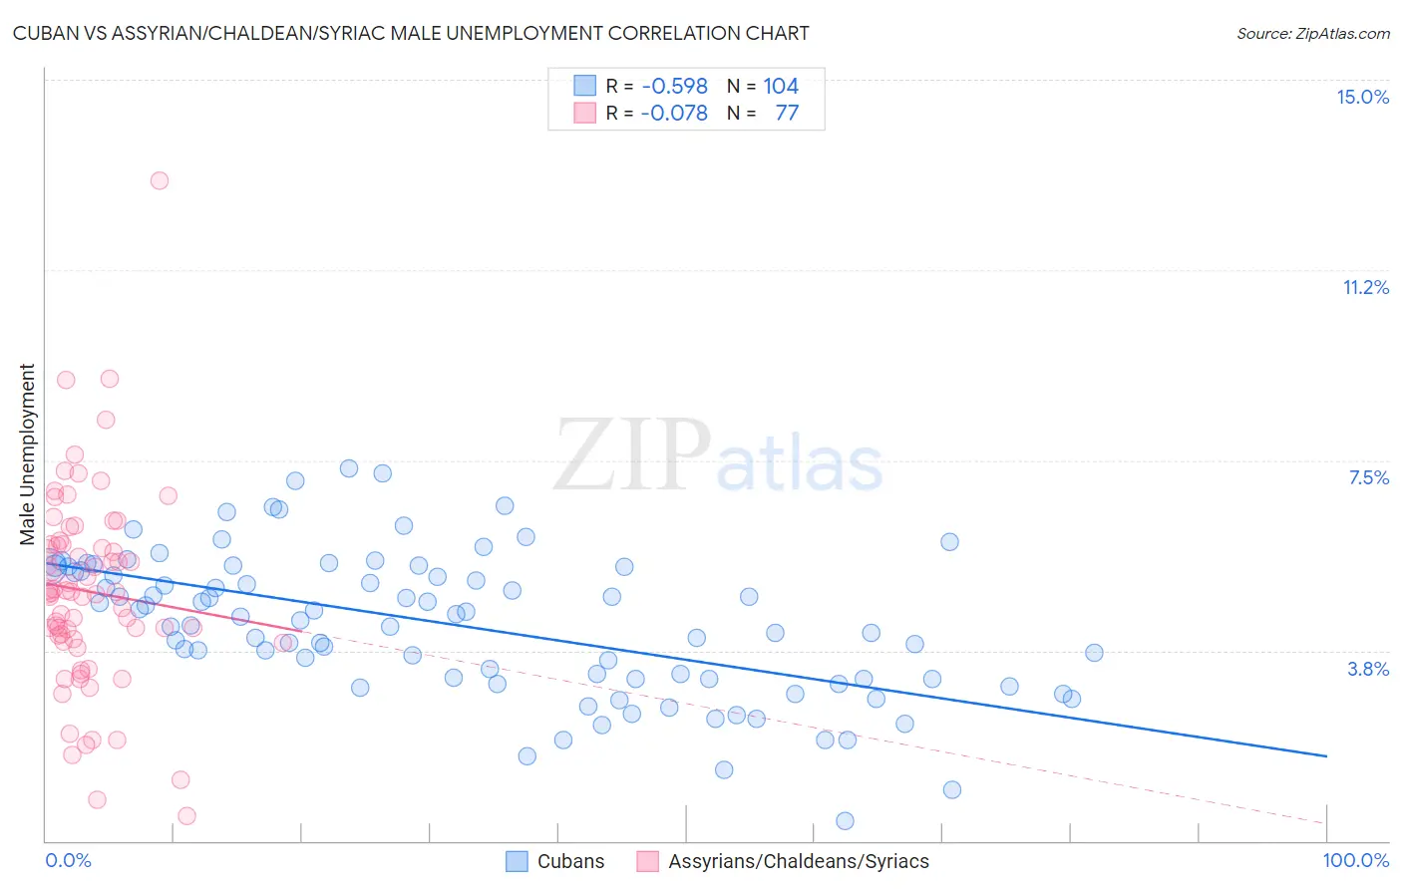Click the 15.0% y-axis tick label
tap(1362, 97)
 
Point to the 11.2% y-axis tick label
tap(1365, 287)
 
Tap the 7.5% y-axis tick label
tap(1368, 477)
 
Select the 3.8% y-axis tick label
tap(1368, 669)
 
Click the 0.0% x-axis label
tap(68, 860)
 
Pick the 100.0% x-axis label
tap(1355, 860)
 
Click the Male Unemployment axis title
tap(27, 454)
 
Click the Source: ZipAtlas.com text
tap(1312, 33)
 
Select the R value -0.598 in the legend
tap(674, 86)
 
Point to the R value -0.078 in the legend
tap(674, 113)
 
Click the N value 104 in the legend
tap(781, 86)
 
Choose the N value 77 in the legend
tap(787, 113)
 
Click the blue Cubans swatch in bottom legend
tap(517, 861)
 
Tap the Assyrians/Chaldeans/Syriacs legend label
tap(798, 861)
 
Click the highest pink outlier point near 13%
tap(160, 180)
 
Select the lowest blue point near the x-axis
tap(845, 821)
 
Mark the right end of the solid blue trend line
tap(1326, 756)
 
